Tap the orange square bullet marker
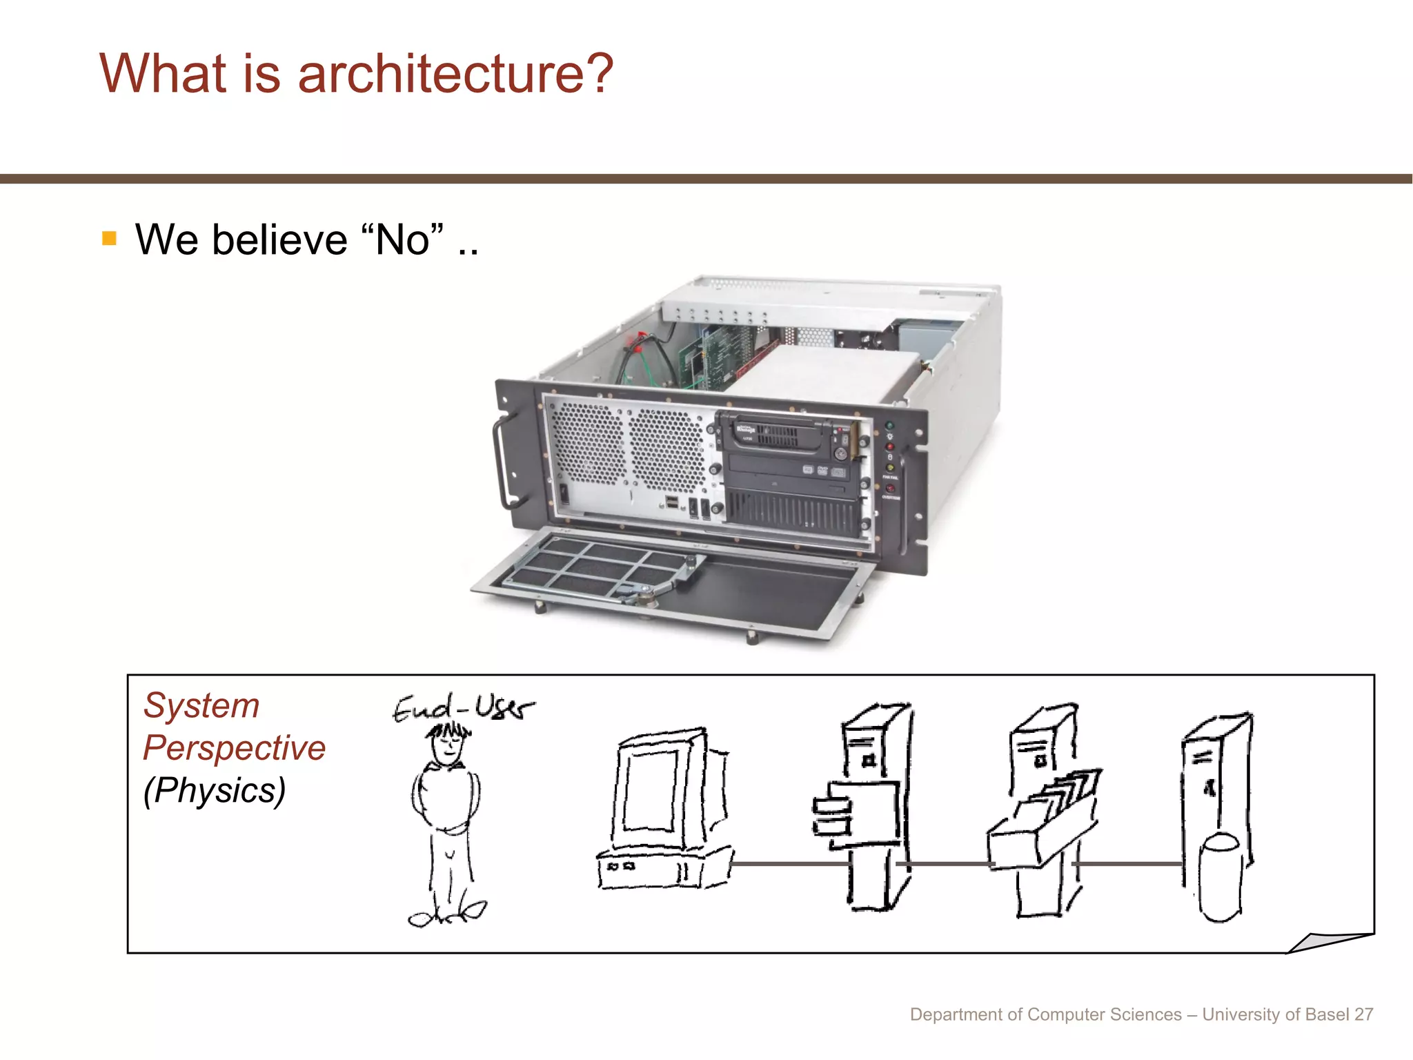coord(109,239)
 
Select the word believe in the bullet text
coord(279,240)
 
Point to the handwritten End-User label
coord(462,708)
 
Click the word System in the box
coord(201,706)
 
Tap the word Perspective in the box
coord(234,748)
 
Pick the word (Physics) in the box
coord(215,791)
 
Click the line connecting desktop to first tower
coord(790,863)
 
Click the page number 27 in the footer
coord(1363,1014)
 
